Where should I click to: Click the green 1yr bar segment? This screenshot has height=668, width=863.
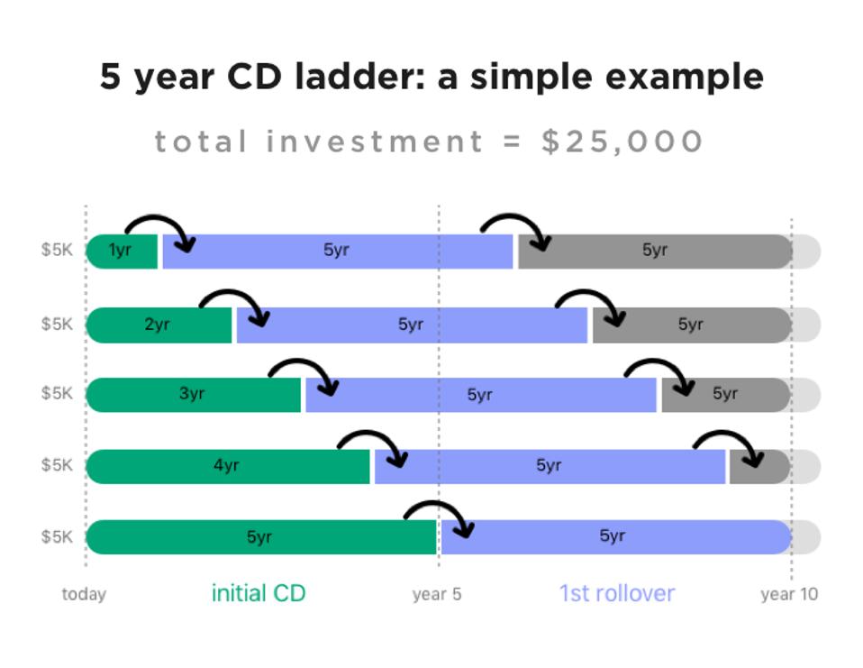tap(123, 252)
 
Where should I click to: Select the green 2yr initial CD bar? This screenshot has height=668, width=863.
tap(159, 325)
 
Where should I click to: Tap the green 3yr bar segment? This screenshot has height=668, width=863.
tap(194, 395)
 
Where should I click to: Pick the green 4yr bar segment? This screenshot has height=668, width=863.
tap(228, 466)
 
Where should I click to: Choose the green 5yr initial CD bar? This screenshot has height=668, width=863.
tap(261, 537)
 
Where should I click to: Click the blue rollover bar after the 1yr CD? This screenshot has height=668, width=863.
tap(338, 252)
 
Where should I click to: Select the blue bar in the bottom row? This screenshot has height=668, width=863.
tap(616, 537)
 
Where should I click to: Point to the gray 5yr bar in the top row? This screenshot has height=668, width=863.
tap(655, 252)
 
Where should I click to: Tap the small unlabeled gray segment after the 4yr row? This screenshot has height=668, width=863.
tap(760, 466)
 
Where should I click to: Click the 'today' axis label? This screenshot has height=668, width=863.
tap(84, 594)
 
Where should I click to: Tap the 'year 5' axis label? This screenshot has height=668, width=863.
tap(437, 595)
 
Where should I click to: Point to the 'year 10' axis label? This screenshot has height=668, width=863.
tap(789, 595)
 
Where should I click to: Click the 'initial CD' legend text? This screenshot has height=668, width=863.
tap(259, 594)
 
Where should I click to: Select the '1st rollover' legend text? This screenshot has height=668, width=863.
tap(617, 594)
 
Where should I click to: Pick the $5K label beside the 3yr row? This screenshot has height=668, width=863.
tap(57, 393)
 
